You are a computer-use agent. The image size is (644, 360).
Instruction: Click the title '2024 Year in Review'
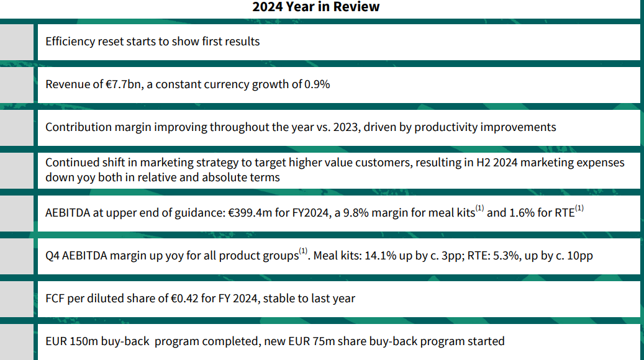point(315,7)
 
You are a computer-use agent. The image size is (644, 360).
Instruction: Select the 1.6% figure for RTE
point(522,213)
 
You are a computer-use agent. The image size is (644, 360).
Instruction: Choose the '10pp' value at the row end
point(579,255)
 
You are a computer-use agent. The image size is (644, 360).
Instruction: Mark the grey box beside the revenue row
point(17,84)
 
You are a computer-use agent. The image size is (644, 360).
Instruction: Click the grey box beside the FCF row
point(17,298)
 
